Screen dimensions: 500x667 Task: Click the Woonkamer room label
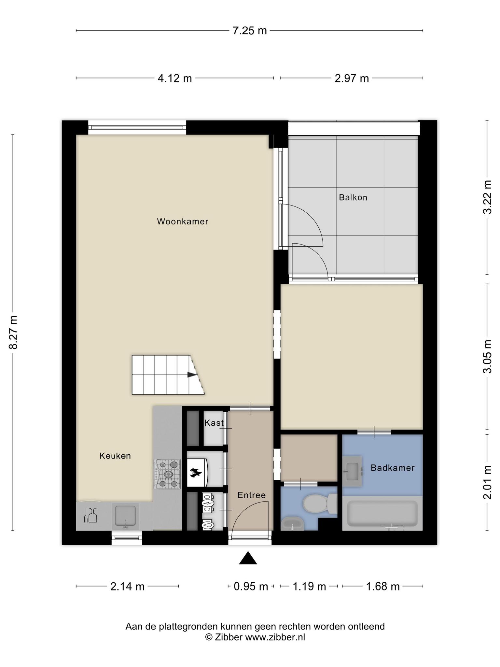point(183,221)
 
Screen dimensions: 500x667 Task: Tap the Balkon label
point(353,197)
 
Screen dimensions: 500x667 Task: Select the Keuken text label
point(115,456)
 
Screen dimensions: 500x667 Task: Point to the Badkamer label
point(393,468)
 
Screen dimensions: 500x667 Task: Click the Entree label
point(252,495)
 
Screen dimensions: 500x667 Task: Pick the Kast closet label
point(214,423)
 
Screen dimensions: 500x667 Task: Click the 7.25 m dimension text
point(250,31)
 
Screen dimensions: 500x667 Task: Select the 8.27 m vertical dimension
point(13,333)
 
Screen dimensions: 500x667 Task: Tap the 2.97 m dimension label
point(352,78)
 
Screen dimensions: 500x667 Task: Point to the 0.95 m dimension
point(251,587)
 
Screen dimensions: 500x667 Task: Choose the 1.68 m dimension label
point(383,587)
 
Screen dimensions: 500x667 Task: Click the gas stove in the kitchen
point(168,474)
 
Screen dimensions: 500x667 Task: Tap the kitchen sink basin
point(126,516)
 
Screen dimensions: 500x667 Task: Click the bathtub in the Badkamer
point(382,514)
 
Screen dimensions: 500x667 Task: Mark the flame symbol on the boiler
point(196,473)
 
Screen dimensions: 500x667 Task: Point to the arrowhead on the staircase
point(192,375)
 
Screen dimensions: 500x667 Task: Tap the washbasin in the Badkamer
point(352,471)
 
